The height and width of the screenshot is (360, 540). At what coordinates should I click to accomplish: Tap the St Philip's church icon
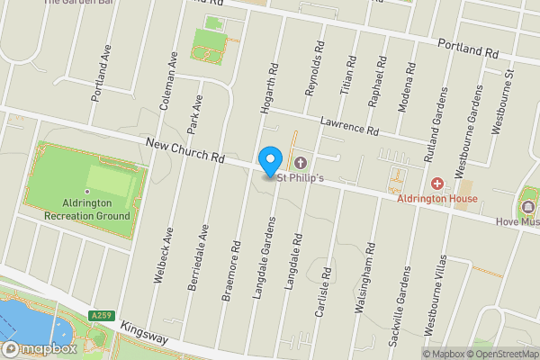(300, 163)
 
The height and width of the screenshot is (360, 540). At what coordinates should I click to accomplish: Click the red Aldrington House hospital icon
(437, 184)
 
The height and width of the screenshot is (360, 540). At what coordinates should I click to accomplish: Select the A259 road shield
(100, 315)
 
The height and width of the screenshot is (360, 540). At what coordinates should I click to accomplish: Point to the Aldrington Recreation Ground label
(87, 211)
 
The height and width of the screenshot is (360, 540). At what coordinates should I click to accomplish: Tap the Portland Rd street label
(467, 48)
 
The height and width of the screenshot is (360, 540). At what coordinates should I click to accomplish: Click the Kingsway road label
(144, 334)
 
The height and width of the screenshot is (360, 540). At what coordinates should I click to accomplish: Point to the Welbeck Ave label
(158, 256)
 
